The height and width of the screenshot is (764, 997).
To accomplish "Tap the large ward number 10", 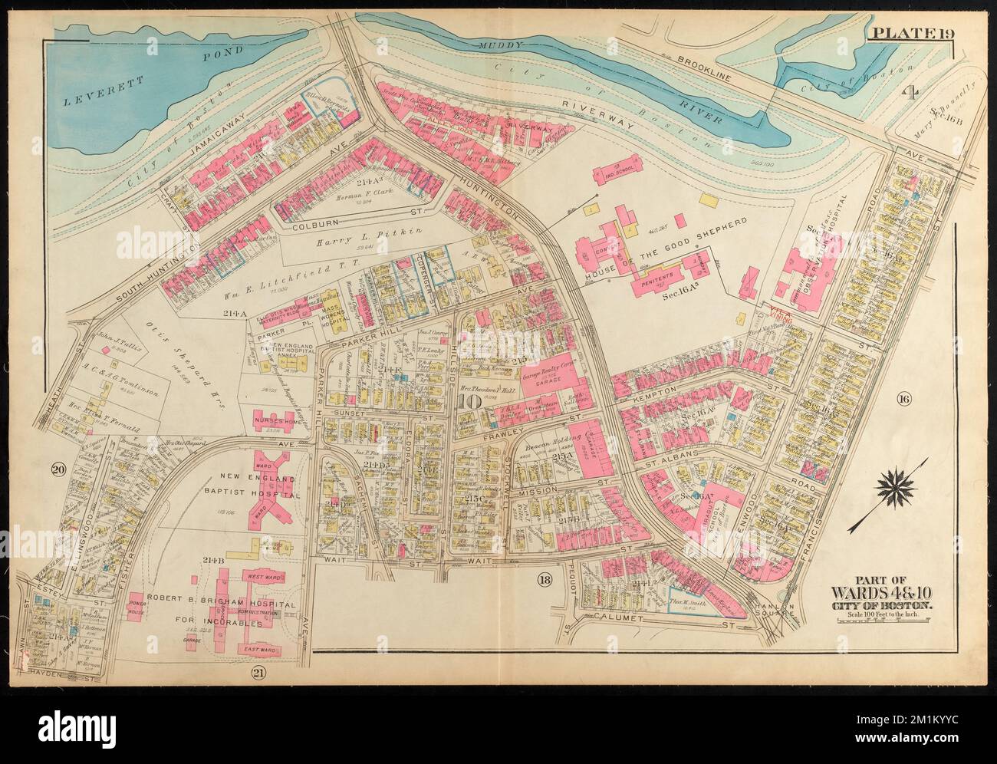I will click(471, 400).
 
